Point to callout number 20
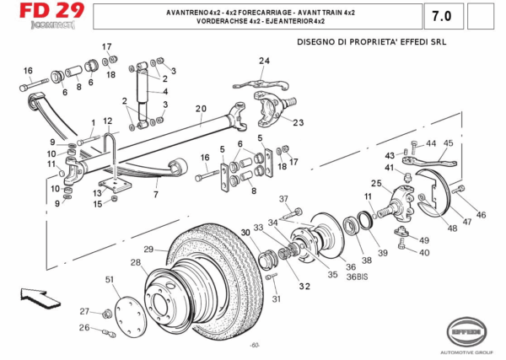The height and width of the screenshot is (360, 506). (201, 109)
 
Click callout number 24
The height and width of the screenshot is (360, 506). (264, 60)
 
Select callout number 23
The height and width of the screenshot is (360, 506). (298, 122)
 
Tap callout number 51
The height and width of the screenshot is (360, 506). (110, 279)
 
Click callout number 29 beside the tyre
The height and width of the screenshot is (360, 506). (148, 249)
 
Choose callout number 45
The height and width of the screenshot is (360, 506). (448, 143)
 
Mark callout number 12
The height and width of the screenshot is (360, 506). (108, 121)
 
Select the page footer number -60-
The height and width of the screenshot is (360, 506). (254, 346)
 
